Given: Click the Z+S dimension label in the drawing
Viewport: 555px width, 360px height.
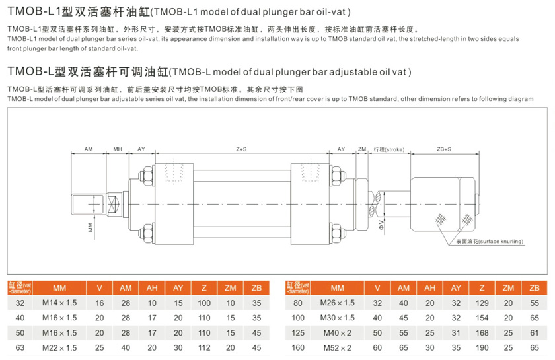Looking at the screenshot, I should [241, 149].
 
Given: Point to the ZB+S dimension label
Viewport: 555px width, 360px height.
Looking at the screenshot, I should [444, 149].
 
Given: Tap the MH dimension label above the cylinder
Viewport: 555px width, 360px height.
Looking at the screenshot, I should [118, 149].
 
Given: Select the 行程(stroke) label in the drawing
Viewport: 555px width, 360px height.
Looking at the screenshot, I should [388, 149].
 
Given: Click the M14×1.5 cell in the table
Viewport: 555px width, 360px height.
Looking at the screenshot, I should [59, 303].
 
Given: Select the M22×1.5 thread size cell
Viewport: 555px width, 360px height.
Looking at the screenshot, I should [59, 347].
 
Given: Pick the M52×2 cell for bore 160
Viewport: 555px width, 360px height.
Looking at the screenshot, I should [337, 347].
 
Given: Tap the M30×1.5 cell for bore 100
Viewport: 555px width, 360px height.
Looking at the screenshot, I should [337, 317].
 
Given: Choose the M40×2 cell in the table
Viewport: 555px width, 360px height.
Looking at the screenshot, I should [337, 332].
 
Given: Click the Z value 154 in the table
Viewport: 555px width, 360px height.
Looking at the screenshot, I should [482, 317].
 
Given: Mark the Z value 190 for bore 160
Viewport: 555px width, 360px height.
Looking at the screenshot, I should [482, 347].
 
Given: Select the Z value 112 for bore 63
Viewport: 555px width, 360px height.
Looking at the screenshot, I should [204, 347].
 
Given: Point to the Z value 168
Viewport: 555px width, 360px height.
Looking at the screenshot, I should [482, 332].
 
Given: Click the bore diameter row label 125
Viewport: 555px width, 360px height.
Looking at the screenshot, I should [297, 332].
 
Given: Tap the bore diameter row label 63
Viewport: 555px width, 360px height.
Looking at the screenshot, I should [20, 347].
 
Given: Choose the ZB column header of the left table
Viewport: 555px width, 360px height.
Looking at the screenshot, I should [257, 288].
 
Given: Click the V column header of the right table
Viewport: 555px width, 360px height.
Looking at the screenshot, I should [377, 288].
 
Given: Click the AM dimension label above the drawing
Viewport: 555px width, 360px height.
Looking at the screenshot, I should [88, 149].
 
